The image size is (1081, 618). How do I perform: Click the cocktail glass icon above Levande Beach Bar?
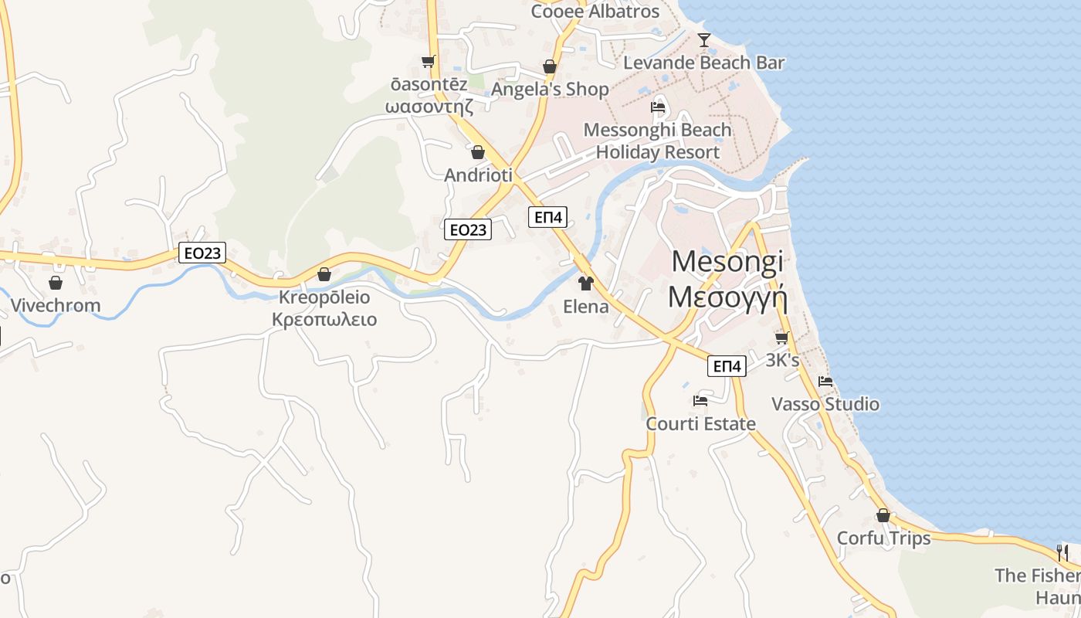coord(703,39)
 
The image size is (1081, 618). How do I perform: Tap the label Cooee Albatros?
coord(595,12)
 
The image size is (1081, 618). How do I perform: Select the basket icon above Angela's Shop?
coord(550,67)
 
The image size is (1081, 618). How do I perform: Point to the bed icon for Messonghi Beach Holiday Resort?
coord(658,107)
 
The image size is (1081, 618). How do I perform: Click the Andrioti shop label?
coord(478,175)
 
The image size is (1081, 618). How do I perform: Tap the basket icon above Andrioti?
coord(478,152)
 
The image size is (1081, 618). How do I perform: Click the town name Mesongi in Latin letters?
coord(727,261)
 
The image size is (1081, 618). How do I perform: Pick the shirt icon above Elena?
coord(585,284)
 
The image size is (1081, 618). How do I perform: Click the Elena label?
coord(585,307)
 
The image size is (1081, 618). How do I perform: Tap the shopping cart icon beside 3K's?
coord(781,338)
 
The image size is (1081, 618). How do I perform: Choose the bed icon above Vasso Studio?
coord(825,381)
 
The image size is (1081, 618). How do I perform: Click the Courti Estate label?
coord(700,424)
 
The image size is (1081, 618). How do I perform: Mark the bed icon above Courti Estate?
coord(700,400)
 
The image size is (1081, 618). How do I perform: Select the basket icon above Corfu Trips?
coord(883,515)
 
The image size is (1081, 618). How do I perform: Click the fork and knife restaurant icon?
coord(1062,552)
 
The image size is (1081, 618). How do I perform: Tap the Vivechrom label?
coord(55,305)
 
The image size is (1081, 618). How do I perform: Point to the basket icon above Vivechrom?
coord(55,283)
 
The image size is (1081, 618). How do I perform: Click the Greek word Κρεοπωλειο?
coord(324,319)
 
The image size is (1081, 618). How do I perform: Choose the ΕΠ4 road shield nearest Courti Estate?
coord(727,366)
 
